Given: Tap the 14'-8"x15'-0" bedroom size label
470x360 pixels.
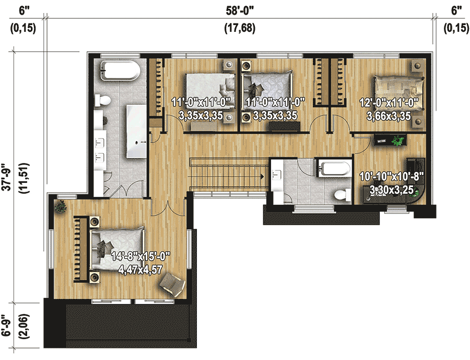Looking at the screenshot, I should [141, 257].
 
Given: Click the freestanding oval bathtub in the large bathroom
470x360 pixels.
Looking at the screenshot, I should [120, 71].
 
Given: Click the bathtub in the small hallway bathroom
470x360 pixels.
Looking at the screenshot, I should [334, 169].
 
